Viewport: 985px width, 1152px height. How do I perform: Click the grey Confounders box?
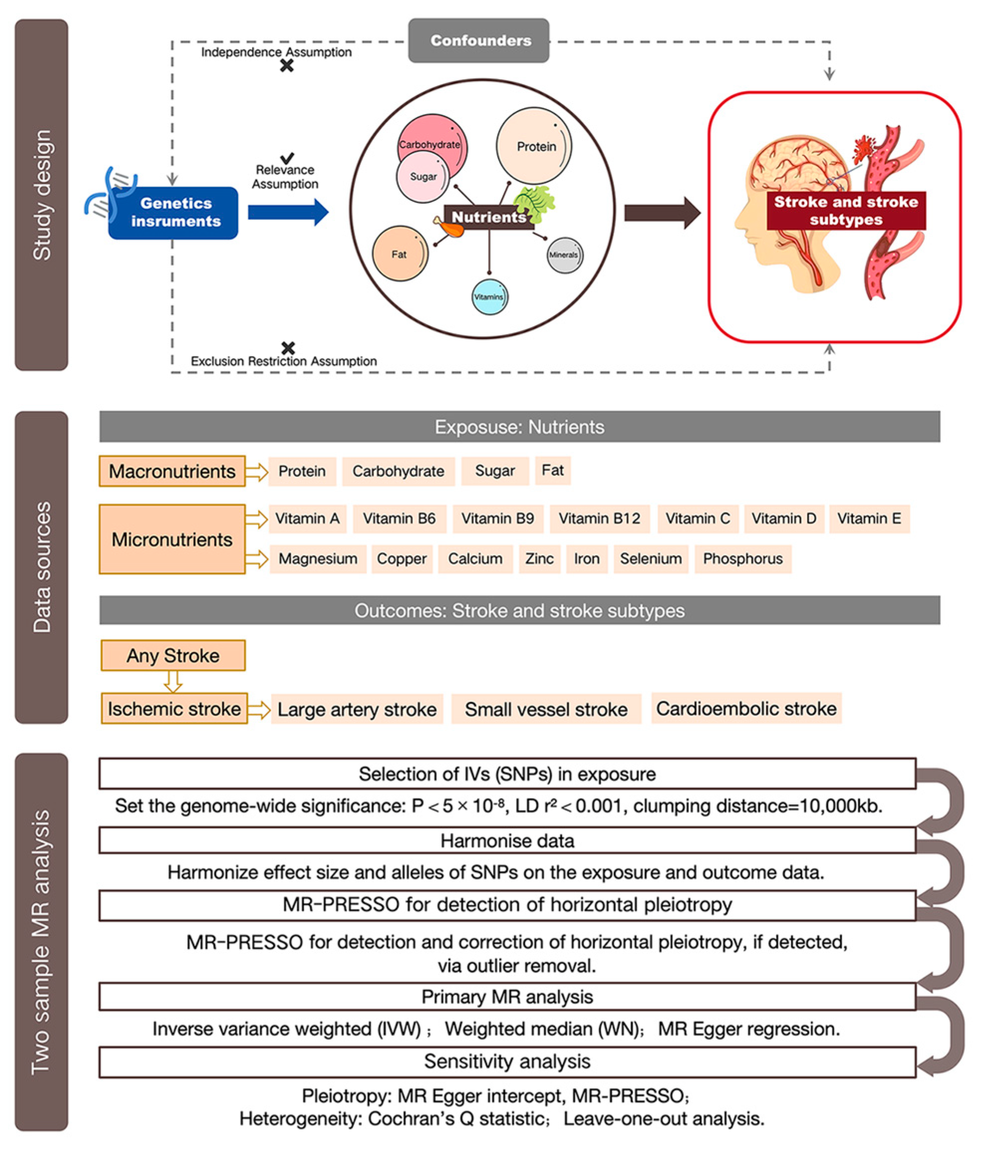[x=479, y=40]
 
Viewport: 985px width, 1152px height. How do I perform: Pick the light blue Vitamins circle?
[x=489, y=297]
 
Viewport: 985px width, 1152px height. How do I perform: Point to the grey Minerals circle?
[x=564, y=255]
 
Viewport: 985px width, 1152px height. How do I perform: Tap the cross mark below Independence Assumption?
[x=287, y=66]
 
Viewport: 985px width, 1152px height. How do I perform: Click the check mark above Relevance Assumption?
[x=287, y=158]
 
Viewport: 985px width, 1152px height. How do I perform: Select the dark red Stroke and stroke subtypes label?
[x=846, y=210]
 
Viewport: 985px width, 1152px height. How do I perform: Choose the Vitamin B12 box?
[x=599, y=519]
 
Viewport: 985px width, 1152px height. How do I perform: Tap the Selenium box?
[x=650, y=559]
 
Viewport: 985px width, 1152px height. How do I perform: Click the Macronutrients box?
[x=172, y=472]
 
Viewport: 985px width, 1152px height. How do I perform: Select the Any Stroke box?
[x=173, y=655]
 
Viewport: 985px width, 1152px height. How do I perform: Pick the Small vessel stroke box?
[x=546, y=709]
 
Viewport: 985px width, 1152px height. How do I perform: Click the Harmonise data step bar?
[x=507, y=841]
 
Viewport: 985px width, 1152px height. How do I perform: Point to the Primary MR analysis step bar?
[x=507, y=997]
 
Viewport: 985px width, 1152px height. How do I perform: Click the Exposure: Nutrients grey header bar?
[x=519, y=427]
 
